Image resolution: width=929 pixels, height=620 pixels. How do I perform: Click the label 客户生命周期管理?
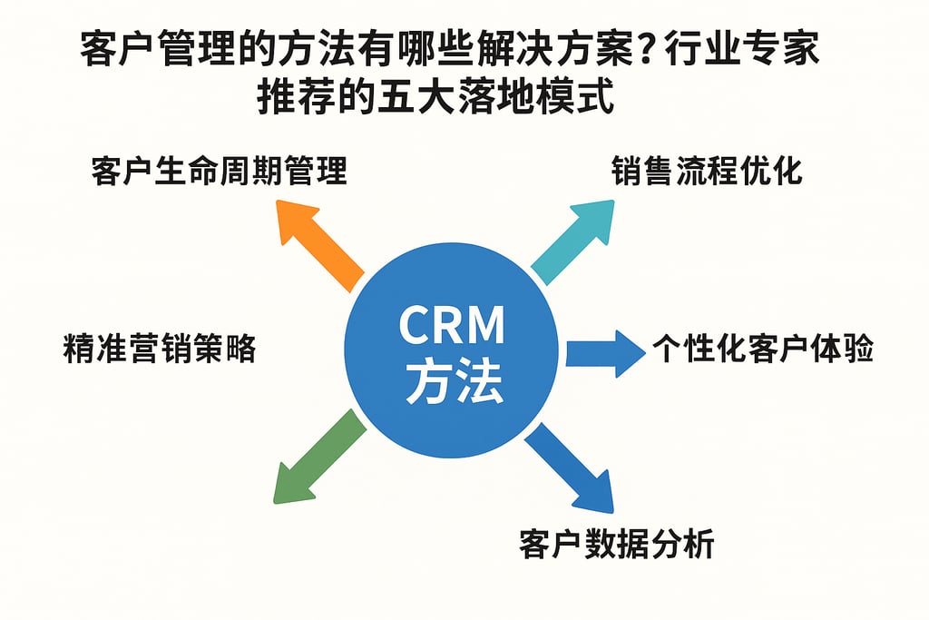(x=219, y=171)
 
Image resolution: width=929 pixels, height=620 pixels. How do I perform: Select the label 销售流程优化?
(x=707, y=171)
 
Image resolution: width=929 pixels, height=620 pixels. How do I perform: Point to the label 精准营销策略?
(x=160, y=349)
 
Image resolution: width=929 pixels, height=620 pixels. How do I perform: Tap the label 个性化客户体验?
(x=762, y=350)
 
